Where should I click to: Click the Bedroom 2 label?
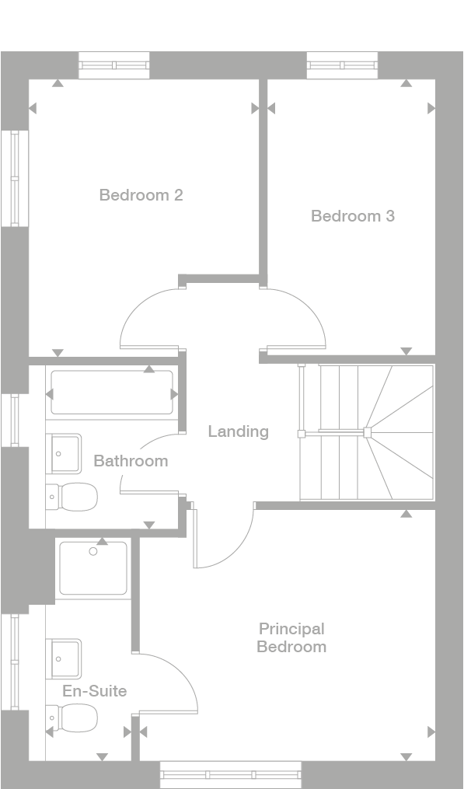(141, 195)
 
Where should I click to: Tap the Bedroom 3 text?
(352, 216)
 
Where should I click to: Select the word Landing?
(238, 431)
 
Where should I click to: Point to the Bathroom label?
(131, 461)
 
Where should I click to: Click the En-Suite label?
(96, 690)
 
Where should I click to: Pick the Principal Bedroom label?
(291, 637)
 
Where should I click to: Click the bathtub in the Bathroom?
(112, 393)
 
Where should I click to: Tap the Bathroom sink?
(65, 454)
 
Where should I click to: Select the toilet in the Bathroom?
(72, 495)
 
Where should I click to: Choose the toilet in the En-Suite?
(72, 717)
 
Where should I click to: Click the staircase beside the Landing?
(367, 432)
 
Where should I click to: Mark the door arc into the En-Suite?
(175, 680)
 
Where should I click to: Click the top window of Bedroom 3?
(342, 65)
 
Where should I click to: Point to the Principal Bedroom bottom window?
(230, 774)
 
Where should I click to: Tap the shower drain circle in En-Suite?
(93, 552)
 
